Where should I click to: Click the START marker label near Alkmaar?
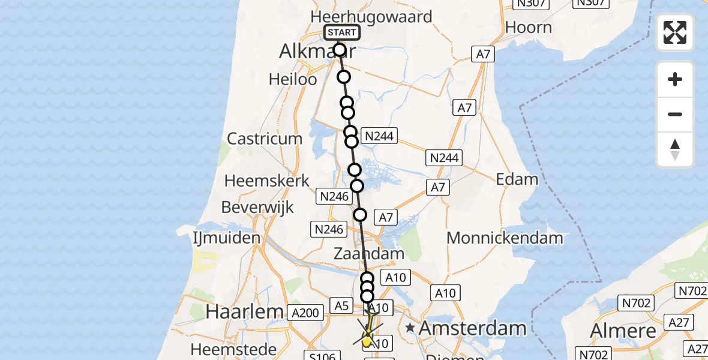click(342, 32)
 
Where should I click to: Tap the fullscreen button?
click(675, 32)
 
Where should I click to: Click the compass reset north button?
click(675, 149)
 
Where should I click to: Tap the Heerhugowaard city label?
click(371, 16)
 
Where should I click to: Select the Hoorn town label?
click(528, 28)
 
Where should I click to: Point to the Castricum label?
click(265, 139)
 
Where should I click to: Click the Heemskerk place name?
click(267, 180)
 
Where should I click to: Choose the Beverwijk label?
click(257, 208)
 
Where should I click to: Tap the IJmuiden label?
click(226, 238)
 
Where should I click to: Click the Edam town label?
click(517, 179)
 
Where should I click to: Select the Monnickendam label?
click(505, 238)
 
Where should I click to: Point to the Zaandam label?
click(369, 254)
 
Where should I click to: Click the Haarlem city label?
click(244, 311)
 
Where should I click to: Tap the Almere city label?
click(623, 331)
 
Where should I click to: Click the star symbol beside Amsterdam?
click(410, 328)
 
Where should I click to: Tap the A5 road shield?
click(341, 306)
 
